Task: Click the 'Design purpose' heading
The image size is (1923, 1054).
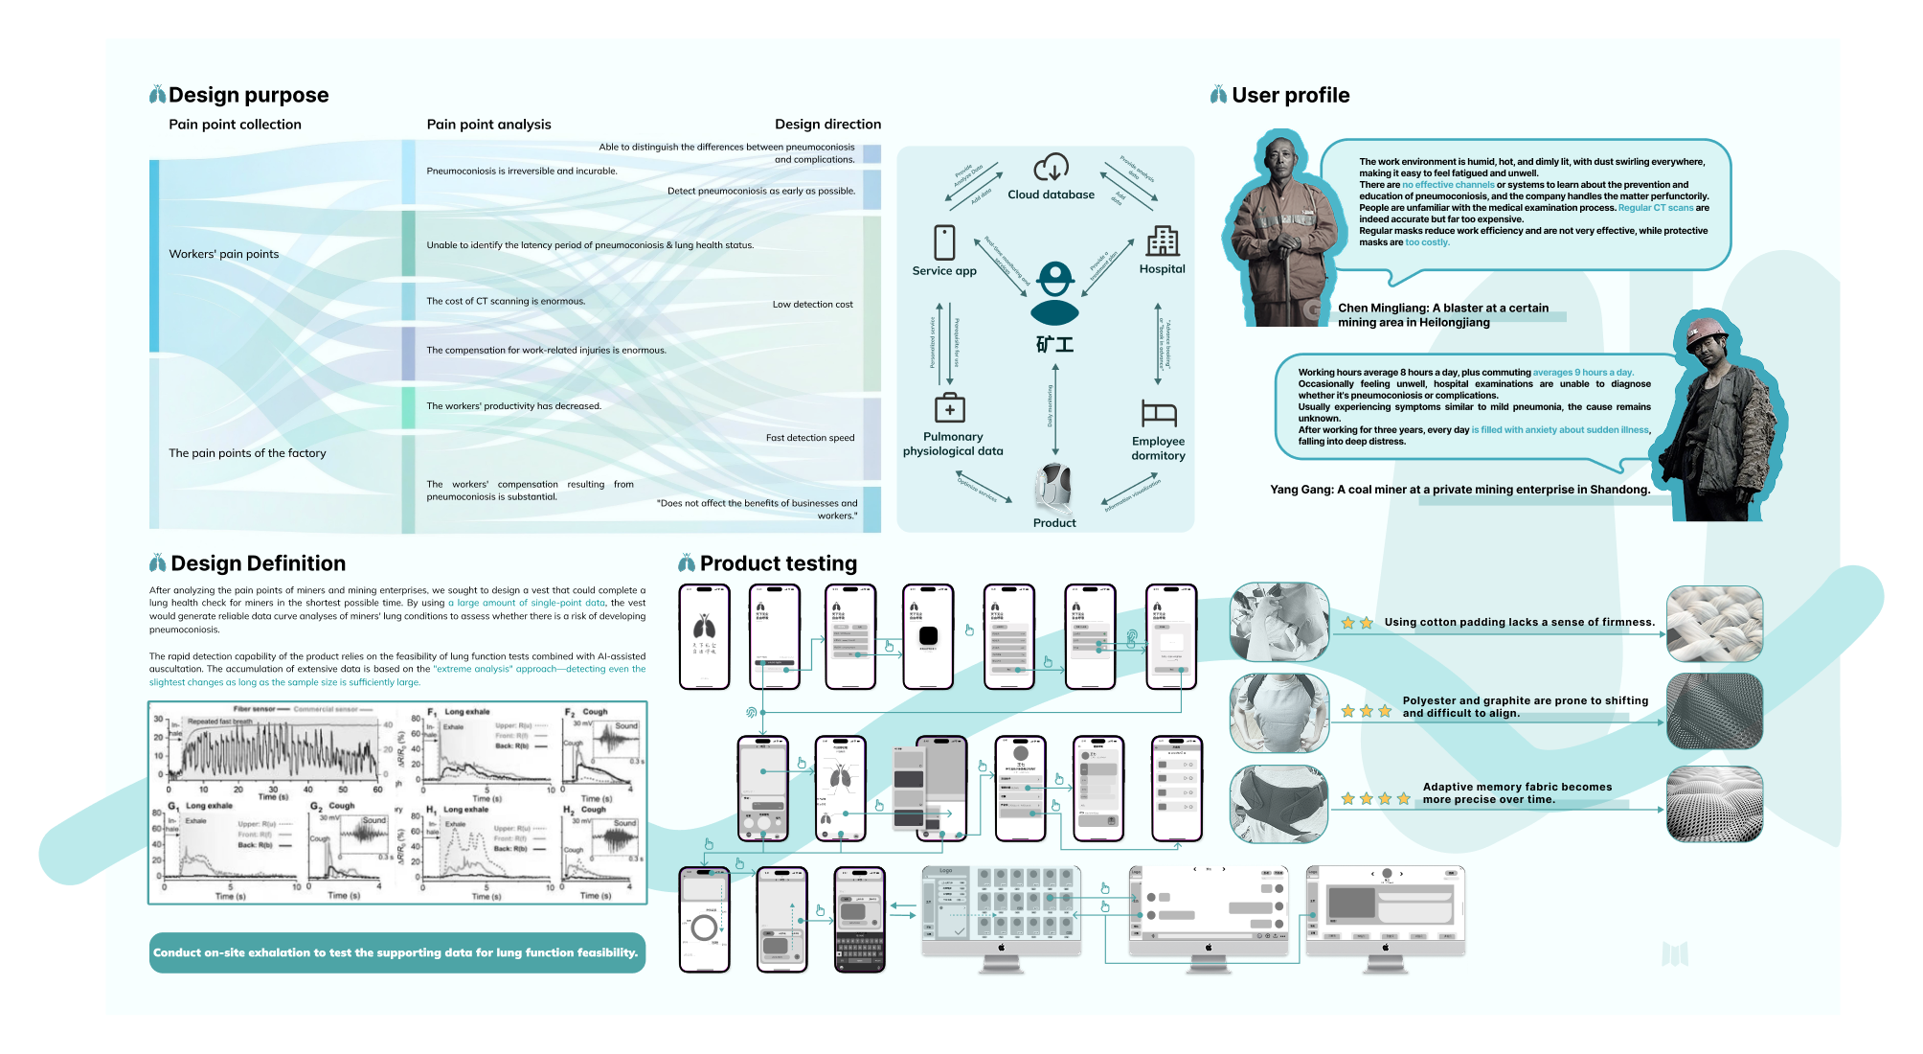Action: (x=248, y=95)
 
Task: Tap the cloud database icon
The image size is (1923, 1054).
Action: (x=1051, y=168)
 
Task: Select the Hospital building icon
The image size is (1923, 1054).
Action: (x=1163, y=241)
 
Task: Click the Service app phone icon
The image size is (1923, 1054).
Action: (x=944, y=242)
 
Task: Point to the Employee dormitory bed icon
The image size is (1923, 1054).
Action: (x=1159, y=413)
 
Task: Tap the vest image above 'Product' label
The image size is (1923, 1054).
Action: (x=1054, y=488)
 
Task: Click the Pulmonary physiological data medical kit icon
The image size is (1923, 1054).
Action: (x=950, y=408)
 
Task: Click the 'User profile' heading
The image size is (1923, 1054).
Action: (x=1290, y=95)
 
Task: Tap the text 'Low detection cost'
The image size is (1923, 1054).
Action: (x=812, y=305)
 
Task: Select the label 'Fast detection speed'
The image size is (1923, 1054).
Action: (x=809, y=438)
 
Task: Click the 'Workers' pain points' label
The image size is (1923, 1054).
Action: (x=224, y=254)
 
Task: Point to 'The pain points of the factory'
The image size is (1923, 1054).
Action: (x=247, y=453)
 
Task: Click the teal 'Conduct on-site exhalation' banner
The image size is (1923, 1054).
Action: (x=396, y=952)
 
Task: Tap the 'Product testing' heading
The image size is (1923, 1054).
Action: (x=778, y=563)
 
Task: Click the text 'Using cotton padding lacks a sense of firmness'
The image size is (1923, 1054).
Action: (x=1519, y=622)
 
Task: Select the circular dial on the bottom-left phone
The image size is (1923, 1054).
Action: (x=704, y=928)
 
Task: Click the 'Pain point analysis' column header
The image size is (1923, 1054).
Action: (x=488, y=125)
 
